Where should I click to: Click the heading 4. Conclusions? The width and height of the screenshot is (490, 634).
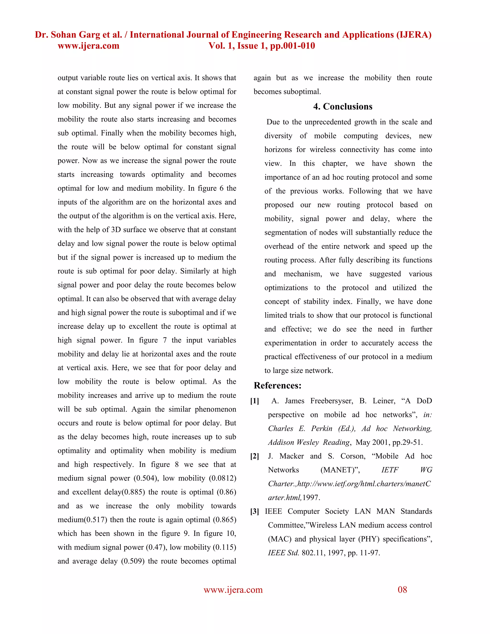(x=343, y=106)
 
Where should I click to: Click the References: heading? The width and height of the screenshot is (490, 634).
(x=278, y=385)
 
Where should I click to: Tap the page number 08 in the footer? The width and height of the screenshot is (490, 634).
(x=402, y=590)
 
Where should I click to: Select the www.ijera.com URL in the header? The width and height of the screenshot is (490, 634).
(x=89, y=46)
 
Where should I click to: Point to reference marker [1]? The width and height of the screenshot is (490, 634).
(x=255, y=401)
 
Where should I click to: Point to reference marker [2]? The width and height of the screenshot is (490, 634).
(x=255, y=456)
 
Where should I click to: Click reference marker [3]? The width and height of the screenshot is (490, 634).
(x=255, y=512)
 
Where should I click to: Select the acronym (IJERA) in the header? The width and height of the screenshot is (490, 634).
(x=414, y=35)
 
